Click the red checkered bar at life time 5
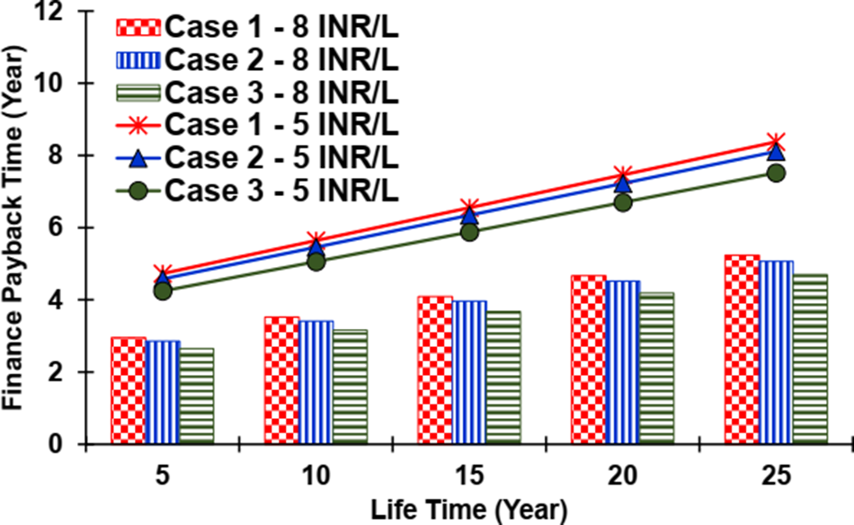click(x=129, y=390)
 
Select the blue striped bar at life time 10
click(x=316, y=382)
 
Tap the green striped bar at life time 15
click(x=503, y=378)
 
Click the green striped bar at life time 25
click(x=810, y=359)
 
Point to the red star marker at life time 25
click(x=776, y=142)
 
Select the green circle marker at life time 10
click(x=316, y=262)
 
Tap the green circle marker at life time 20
click(x=622, y=202)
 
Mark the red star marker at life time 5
click(x=163, y=274)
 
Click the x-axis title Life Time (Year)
click(x=468, y=509)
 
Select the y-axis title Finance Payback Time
click(x=15, y=227)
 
